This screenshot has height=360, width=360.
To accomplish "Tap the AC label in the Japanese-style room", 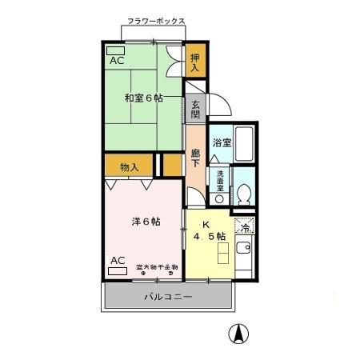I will [x=116, y=60].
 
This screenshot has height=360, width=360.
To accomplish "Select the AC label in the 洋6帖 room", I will [x=118, y=260].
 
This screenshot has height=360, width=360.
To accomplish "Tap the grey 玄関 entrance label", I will [x=195, y=106].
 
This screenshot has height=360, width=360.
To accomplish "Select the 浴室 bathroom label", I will [x=221, y=142].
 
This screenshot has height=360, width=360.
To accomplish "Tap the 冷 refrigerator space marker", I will [x=244, y=226].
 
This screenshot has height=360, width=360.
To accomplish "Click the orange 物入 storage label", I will [x=130, y=166].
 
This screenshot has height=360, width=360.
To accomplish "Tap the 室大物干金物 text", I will [x=156, y=267].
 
